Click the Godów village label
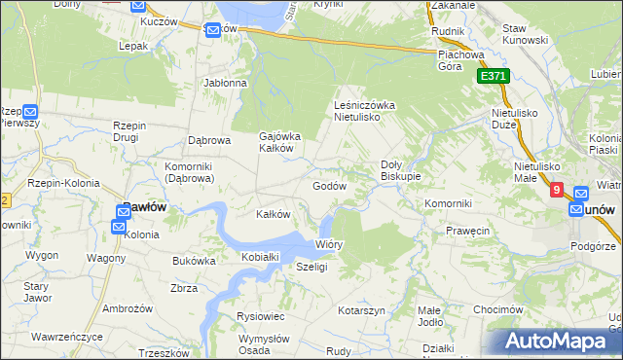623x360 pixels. [329, 185]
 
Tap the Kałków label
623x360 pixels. [273, 214]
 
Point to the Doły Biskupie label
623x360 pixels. [400, 170]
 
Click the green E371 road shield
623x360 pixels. [493, 76]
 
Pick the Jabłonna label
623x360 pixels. [226, 84]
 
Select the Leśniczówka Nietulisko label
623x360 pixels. [363, 110]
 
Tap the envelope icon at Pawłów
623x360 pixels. [119, 227]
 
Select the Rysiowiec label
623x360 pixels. [260, 316]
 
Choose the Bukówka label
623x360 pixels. [194, 261]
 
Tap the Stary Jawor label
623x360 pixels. [37, 292]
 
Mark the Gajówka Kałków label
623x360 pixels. [280, 142]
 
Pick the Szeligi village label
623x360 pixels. [311, 267]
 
